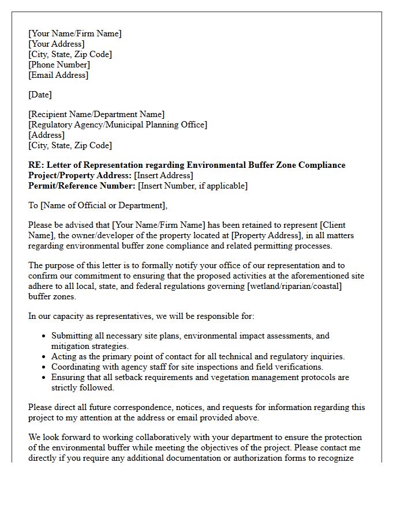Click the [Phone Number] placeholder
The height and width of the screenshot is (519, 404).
[59, 65]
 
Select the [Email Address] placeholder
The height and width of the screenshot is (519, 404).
[58, 75]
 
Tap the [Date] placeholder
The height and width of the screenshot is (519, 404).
[40, 95]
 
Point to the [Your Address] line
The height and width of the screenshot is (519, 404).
[56, 44]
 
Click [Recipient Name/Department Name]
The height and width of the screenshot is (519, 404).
[96, 114]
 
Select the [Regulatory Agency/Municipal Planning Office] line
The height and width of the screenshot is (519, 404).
[118, 125]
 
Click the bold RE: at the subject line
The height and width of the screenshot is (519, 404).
[35, 165]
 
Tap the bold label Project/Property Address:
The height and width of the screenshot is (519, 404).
[80, 175]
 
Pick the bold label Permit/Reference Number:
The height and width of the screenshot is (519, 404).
[82, 186]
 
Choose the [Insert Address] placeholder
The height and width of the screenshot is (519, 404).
[163, 175]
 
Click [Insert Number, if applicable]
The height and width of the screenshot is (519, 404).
[193, 186]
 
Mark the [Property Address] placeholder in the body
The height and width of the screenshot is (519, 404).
[271, 235]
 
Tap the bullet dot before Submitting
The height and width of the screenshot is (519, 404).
[44, 336]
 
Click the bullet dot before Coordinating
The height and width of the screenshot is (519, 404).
[44, 367]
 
